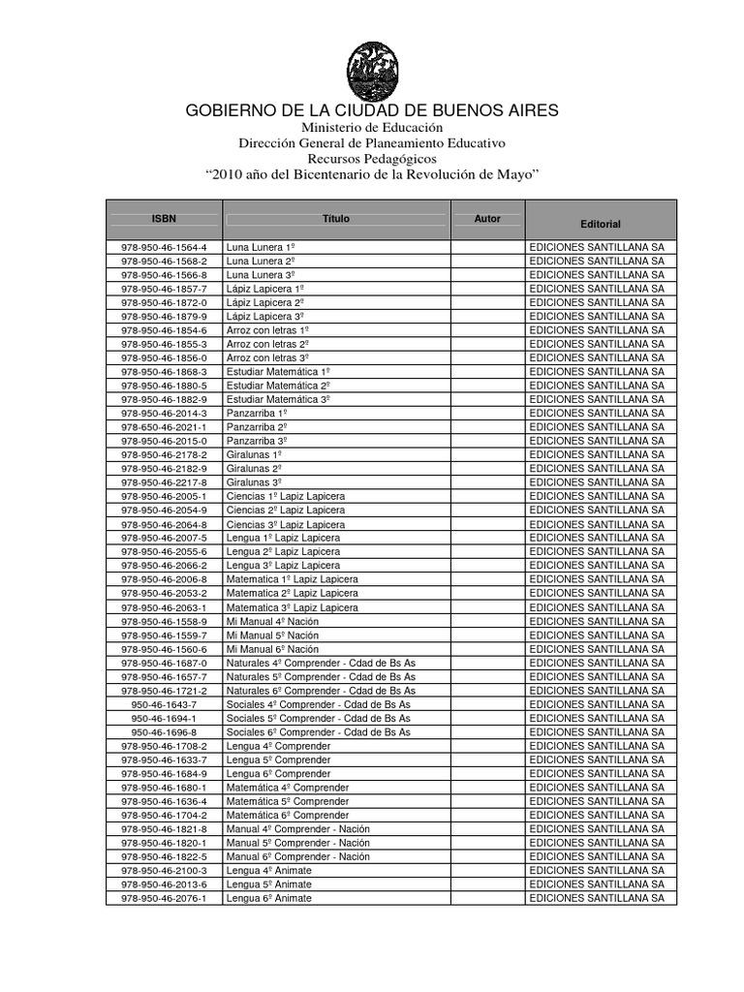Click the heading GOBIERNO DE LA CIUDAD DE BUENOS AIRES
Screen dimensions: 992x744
click(x=372, y=110)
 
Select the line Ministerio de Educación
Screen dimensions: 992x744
click(x=372, y=128)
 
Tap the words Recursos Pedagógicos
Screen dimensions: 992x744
click(x=372, y=158)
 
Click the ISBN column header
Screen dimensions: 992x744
click(x=164, y=219)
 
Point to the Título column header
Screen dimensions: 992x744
click(x=336, y=219)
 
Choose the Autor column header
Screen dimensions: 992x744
click(x=487, y=219)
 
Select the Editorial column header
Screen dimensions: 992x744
click(x=601, y=224)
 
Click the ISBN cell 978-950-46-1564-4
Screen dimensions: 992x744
click(x=164, y=247)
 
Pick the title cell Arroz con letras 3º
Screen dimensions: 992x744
click(x=267, y=357)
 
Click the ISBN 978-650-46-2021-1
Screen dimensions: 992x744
click(x=164, y=426)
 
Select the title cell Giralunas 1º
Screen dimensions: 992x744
click(x=254, y=454)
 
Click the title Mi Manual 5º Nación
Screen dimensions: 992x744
click(x=272, y=635)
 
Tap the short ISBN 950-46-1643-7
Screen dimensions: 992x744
click(x=164, y=704)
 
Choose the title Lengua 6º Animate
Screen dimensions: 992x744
click(x=269, y=898)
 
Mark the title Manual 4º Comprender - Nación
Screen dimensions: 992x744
click(x=297, y=829)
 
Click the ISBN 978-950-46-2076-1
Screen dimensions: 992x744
click(x=164, y=898)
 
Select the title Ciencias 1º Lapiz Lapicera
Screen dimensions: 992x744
click(x=285, y=496)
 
